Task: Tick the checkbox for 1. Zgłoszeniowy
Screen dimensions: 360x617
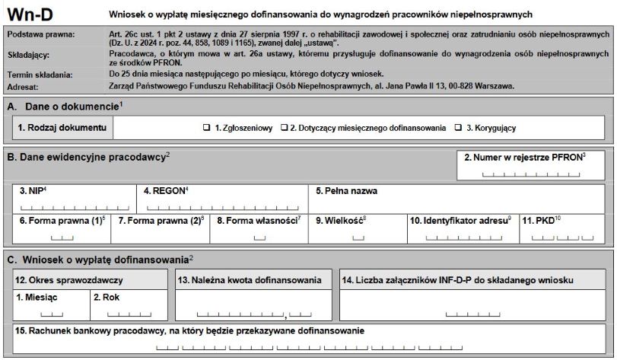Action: tap(206, 128)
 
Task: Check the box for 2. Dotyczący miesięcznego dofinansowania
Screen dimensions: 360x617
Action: tap(285, 128)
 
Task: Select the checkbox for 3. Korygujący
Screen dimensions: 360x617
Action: tap(458, 128)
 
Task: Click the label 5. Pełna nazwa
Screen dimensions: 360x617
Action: tap(347, 191)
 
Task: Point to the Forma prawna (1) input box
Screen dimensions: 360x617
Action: tap(60, 237)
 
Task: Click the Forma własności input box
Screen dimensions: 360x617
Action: tap(259, 237)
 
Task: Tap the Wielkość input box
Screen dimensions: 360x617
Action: tap(358, 237)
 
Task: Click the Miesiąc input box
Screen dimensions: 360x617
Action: tap(51, 314)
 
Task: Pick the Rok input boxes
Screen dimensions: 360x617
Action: tap(129, 314)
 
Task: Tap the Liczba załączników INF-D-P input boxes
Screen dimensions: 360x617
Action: tap(472, 314)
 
